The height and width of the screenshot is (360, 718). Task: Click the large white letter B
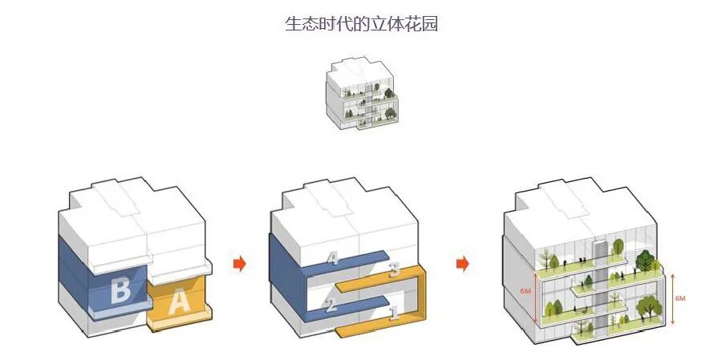[x=120, y=289]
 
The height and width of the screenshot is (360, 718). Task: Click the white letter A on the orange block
[x=179, y=301]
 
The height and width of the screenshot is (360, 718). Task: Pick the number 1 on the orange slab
[x=393, y=313]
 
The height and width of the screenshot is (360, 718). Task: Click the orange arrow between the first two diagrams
[x=238, y=263]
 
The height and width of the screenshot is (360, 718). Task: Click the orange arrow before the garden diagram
[x=462, y=263]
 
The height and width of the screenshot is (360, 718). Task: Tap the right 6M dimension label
[x=680, y=298]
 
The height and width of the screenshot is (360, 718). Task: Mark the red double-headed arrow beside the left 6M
[x=536, y=293]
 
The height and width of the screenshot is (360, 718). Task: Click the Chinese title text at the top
[x=361, y=23]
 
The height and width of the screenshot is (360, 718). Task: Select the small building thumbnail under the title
[x=361, y=95]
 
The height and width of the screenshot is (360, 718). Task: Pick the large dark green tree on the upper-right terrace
[x=646, y=261]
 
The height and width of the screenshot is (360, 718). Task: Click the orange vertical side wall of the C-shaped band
[x=420, y=301]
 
